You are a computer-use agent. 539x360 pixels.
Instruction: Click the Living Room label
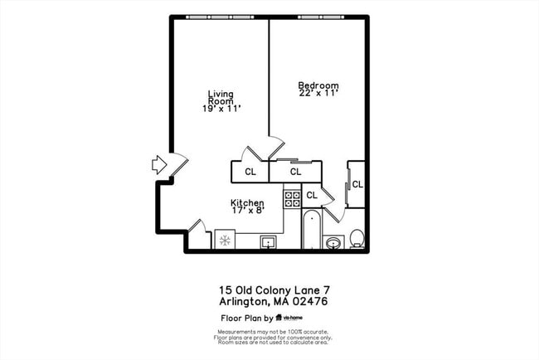(x=219, y=97)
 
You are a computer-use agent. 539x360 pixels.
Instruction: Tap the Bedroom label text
(x=318, y=85)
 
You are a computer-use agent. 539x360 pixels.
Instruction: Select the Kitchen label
(x=247, y=202)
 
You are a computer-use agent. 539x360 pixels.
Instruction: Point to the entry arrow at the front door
(x=160, y=164)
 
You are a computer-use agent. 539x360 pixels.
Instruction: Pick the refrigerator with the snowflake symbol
(x=224, y=240)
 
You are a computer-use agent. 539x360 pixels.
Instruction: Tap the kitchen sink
(x=268, y=241)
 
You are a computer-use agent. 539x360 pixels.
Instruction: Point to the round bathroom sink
(x=333, y=242)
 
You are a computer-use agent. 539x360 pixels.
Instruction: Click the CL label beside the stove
(x=312, y=195)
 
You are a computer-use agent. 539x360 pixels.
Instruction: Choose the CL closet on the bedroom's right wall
(x=357, y=184)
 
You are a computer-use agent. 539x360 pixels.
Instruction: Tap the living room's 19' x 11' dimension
(x=219, y=109)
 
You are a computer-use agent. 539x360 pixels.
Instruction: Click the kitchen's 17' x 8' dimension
(x=247, y=212)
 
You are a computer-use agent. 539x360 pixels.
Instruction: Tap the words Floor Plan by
(x=246, y=318)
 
